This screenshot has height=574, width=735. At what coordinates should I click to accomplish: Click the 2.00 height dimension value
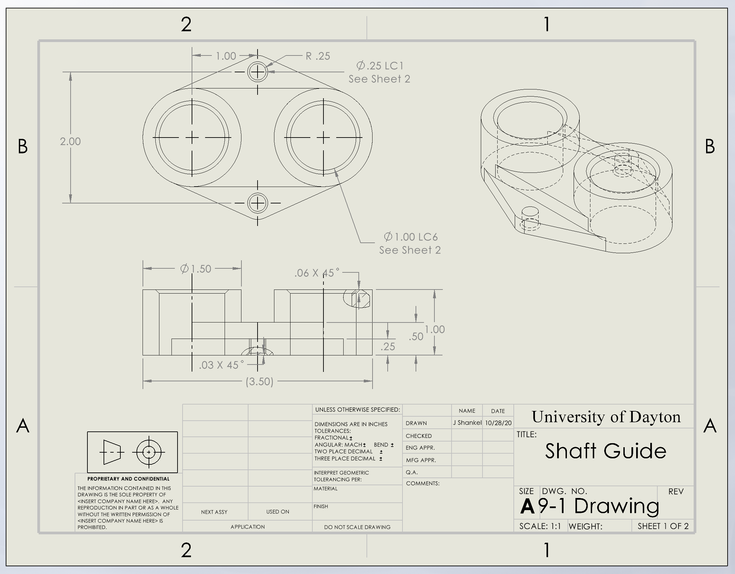[x=70, y=141]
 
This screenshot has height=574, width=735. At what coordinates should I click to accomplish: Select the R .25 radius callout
[x=318, y=56]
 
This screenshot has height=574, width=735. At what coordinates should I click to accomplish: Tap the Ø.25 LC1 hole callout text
[x=380, y=66]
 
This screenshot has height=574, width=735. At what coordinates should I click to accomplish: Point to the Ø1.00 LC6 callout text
[x=411, y=237]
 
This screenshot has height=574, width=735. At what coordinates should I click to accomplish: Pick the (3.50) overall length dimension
[x=259, y=381]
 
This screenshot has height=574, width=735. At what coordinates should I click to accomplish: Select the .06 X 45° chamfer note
[x=317, y=273]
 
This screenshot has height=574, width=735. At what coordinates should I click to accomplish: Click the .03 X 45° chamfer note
[x=221, y=365]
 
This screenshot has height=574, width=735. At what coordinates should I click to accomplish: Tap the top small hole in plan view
[x=258, y=72]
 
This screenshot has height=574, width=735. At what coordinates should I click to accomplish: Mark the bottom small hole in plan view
[x=258, y=203]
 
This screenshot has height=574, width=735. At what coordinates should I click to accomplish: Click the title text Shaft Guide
[x=606, y=451]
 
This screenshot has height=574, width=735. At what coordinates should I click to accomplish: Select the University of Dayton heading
[x=606, y=417]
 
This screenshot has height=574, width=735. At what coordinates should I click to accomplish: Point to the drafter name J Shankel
[x=467, y=422]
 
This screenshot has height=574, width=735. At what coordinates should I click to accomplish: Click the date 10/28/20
[x=498, y=423]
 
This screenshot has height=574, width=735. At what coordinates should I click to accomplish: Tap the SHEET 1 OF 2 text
[x=663, y=526]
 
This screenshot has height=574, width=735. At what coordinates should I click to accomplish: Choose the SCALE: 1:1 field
[x=540, y=526]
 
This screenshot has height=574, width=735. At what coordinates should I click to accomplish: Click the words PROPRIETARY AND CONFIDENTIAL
[x=128, y=479]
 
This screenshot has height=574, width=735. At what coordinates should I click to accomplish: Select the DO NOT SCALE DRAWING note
[x=357, y=527]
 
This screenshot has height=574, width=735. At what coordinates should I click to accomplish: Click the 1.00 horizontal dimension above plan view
[x=226, y=56]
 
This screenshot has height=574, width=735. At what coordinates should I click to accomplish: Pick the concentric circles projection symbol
[x=149, y=452]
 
